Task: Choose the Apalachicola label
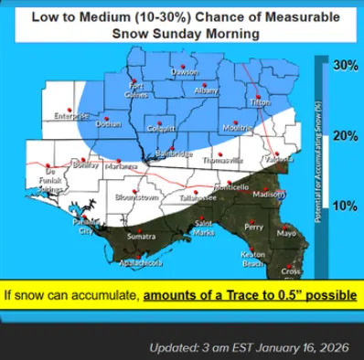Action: pos(142,263)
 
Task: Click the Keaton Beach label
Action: pos(253,259)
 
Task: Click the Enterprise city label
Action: pos(70,116)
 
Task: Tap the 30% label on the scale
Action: pos(344,66)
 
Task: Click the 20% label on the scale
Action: pos(344,136)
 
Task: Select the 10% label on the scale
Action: pos(344,206)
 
